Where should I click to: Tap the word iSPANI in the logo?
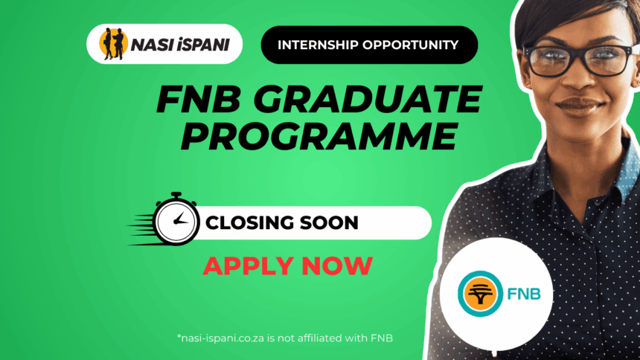coord(204,45)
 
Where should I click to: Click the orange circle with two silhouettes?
coord(113,44)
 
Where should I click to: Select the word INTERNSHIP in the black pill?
coord(318,45)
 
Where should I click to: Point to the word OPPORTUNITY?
coord(410,45)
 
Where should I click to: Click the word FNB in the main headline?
coord(199,99)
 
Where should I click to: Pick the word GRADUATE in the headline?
coord(368,99)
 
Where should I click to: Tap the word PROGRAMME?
coord(319,136)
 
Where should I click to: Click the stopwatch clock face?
coord(176,222)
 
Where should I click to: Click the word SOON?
coord(329,223)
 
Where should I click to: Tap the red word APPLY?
coord(249,266)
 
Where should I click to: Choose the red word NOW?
coord(337,266)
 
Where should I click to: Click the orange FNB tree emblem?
coord(481,294)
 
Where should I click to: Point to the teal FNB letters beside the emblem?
coord(524,294)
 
